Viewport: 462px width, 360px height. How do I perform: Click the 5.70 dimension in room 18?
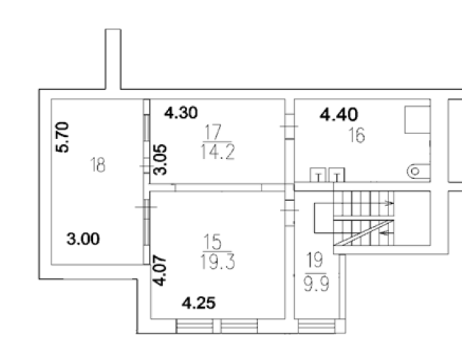tap(63, 137)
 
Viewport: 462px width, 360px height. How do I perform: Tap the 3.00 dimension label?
tap(83, 239)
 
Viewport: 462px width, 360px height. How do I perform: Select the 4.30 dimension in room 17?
tap(181, 113)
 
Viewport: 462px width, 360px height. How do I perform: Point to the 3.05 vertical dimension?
tap(161, 160)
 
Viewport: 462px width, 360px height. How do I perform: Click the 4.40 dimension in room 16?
tap(339, 115)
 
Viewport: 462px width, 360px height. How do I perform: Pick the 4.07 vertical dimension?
tap(160, 270)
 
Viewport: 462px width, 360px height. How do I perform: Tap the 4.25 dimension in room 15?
tap(199, 303)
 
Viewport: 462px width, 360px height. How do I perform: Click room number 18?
tap(98, 165)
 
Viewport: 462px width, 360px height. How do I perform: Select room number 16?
tap(357, 135)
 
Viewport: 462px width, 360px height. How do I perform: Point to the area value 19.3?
tap(217, 262)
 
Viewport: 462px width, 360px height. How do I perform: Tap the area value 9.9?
tap(316, 283)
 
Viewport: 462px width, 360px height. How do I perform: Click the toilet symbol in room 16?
tap(419, 172)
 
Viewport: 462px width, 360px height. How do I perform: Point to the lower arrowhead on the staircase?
tap(384, 233)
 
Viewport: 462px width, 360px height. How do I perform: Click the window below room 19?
tap(317, 326)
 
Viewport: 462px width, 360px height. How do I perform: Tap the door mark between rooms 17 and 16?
tap(289, 127)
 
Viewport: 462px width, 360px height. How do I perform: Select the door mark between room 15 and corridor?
tap(290, 210)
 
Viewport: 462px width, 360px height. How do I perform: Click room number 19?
tap(315, 260)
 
